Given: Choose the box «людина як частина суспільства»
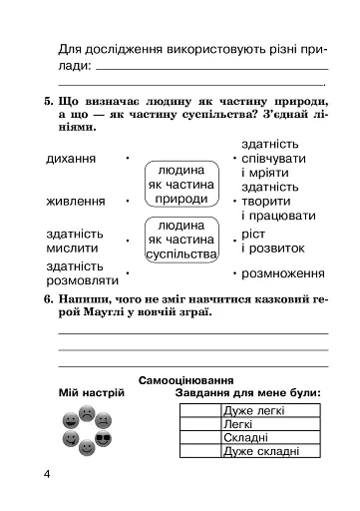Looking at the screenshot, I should click(181, 240).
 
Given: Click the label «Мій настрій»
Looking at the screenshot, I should click(90, 395).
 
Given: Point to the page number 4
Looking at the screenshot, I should click(47, 471).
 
